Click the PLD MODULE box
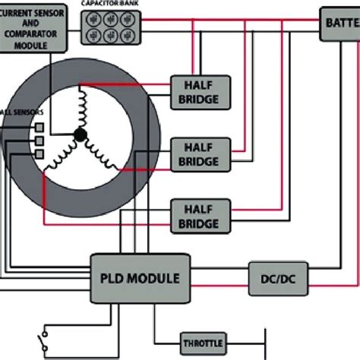[x=140, y=279]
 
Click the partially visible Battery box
[x=339, y=24]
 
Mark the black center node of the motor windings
[x=79, y=135]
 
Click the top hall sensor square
[x=37, y=126]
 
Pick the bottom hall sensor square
[x=37, y=155]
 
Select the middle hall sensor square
[x=37, y=141]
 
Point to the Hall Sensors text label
[x=17, y=112]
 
